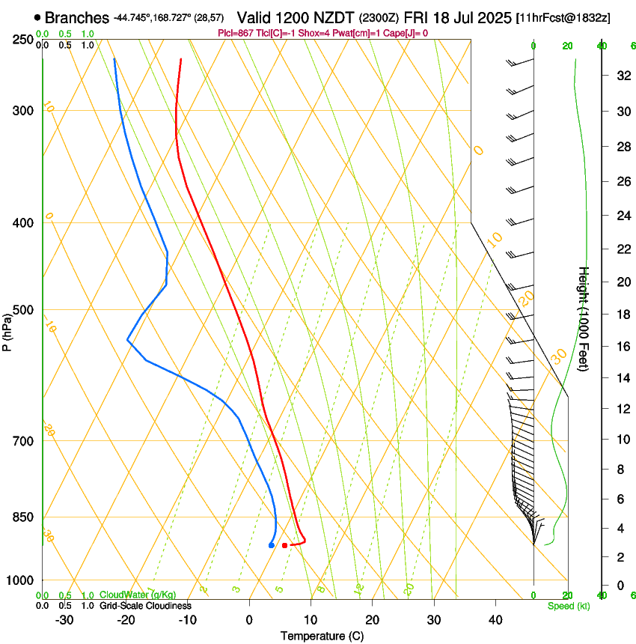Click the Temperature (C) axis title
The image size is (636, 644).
322,636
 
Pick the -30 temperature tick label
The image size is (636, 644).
64,619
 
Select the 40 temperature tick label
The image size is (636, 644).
495,619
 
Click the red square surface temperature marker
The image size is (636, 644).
284,545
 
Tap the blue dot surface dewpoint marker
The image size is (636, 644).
271,545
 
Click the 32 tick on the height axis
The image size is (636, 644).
622,76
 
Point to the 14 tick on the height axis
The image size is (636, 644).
622,378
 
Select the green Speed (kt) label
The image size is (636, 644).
568,606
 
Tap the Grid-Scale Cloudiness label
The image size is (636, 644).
145,606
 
